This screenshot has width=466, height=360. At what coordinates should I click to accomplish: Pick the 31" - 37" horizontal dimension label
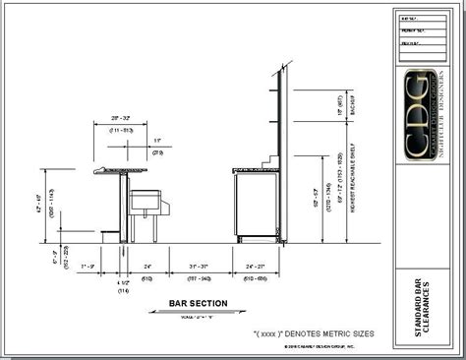point(198,266)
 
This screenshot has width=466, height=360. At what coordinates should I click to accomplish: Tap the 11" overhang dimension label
point(157,142)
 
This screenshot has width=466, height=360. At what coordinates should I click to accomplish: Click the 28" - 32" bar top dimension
point(121,118)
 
